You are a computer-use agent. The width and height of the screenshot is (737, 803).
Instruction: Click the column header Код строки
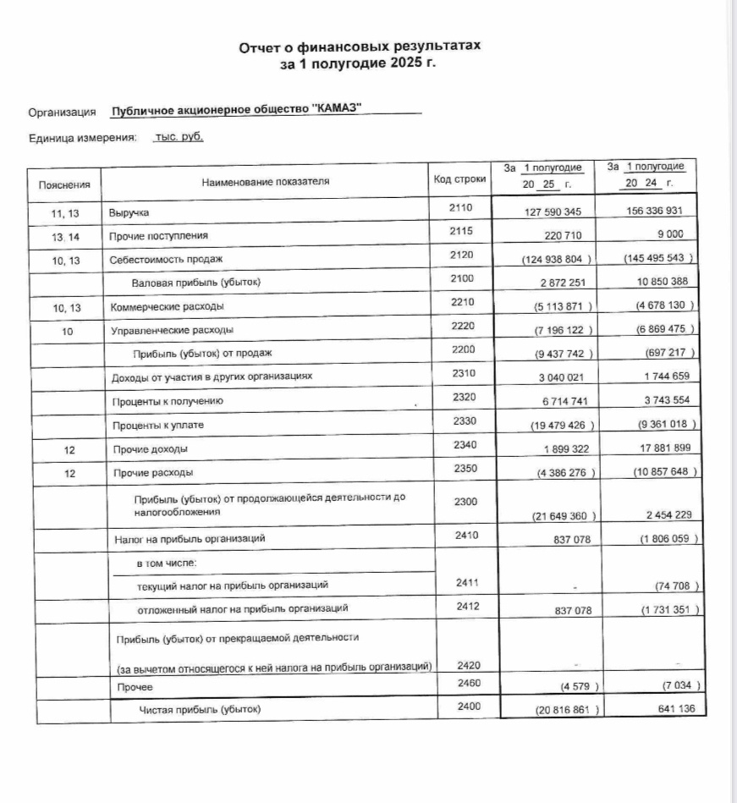tap(459, 179)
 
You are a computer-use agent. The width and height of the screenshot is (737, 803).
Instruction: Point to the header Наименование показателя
tap(266, 181)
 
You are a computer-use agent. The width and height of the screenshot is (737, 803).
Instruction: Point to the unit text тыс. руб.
tap(178, 136)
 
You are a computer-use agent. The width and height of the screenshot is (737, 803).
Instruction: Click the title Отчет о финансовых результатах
tap(360, 47)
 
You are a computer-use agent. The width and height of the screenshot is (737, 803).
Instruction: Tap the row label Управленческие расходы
tap(172, 329)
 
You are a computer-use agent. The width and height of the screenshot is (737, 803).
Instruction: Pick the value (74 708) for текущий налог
tap(674, 586)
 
